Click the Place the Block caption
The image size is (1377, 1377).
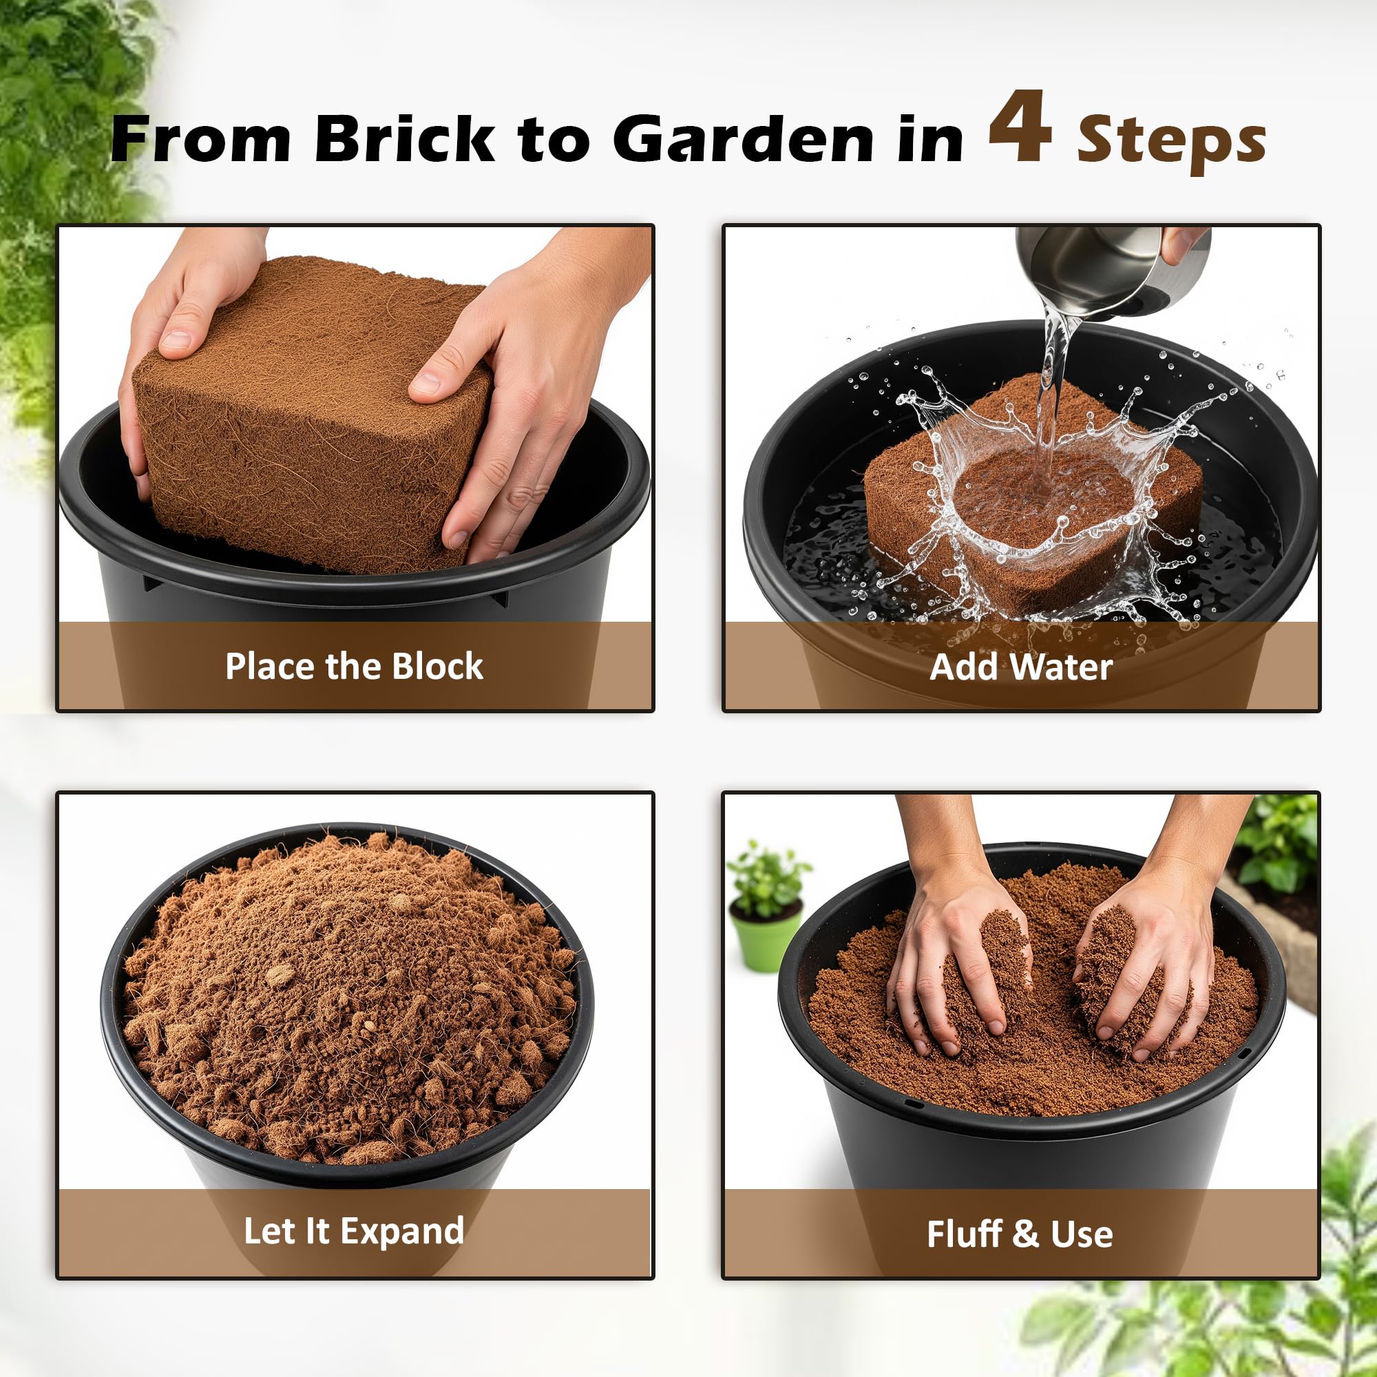(x=354, y=666)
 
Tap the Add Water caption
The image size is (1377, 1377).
(x=1020, y=667)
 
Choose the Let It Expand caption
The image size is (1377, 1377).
(x=353, y=1232)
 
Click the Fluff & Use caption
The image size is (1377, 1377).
(x=1020, y=1234)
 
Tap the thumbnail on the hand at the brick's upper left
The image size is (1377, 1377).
(x=177, y=340)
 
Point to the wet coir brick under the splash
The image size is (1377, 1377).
(x=1033, y=499)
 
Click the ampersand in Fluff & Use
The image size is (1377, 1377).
(x=1025, y=1234)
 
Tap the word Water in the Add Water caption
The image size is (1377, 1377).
(x=1061, y=667)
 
